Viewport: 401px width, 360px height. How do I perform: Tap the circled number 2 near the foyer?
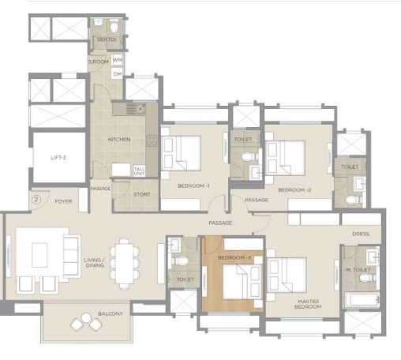coord(36,199)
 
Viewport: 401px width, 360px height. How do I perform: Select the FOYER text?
coord(64,201)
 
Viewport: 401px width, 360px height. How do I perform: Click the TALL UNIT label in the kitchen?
coord(140,170)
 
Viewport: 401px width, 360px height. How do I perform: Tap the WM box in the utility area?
coord(118,60)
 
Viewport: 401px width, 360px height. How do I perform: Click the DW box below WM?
coord(118,73)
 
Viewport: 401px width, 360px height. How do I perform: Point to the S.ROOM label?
coord(98,62)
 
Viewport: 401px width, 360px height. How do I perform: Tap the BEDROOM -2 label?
coord(295,190)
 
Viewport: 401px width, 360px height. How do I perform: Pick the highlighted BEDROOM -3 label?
coord(234,258)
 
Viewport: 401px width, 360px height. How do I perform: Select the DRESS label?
coord(361,234)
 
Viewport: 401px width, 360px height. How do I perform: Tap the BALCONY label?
coord(111,314)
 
